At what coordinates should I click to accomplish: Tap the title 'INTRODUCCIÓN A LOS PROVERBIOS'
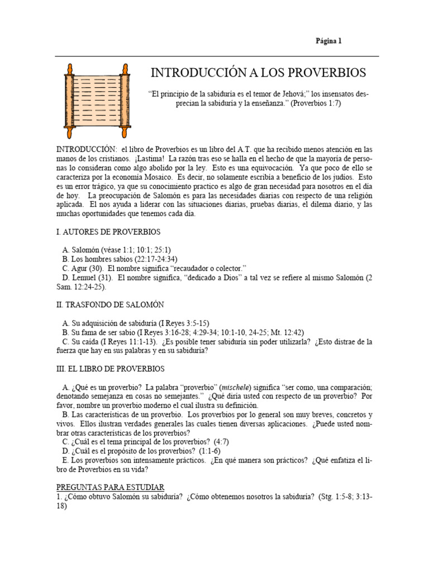coord(259,73)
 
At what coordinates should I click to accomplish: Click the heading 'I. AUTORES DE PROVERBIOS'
coord(108,231)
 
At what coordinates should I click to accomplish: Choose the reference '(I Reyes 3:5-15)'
coord(183,323)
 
